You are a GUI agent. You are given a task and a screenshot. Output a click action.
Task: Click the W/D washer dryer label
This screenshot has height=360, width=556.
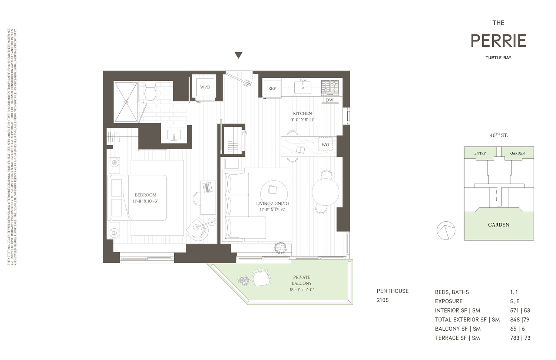[x=205, y=87]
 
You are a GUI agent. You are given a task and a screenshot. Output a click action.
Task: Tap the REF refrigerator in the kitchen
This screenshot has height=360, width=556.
[x=272, y=89]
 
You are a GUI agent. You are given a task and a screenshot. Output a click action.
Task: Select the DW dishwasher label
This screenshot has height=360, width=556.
[x=330, y=100]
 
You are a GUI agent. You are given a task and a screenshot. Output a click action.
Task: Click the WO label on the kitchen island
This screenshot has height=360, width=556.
[x=325, y=145]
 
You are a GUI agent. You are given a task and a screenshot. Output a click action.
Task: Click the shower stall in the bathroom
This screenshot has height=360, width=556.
[x=126, y=102]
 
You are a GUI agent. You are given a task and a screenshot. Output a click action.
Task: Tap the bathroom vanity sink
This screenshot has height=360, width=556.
[x=174, y=135]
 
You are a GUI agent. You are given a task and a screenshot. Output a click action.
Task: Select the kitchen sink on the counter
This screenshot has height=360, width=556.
[x=303, y=87]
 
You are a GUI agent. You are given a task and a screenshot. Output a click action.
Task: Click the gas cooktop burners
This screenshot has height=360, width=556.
[x=330, y=87]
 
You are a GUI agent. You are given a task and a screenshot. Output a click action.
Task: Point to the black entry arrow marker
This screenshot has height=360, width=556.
[x=239, y=56]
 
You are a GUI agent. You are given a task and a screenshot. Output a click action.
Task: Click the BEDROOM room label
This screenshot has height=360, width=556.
[x=146, y=195]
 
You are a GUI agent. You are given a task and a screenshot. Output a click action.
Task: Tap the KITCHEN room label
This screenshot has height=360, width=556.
[x=302, y=113]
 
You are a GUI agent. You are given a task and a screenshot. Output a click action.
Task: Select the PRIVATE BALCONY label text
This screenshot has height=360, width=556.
[x=302, y=280]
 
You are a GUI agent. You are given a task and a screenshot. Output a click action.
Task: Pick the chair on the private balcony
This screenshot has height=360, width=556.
[x=261, y=278]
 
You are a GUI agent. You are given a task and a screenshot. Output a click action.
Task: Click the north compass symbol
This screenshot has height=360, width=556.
[x=446, y=231]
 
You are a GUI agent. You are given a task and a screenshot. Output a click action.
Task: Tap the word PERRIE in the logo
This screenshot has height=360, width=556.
[x=498, y=41]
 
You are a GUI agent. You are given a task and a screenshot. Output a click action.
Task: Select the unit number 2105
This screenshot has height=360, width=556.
[x=383, y=300]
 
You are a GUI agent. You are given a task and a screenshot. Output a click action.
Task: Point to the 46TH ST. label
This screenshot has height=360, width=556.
[x=499, y=135]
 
